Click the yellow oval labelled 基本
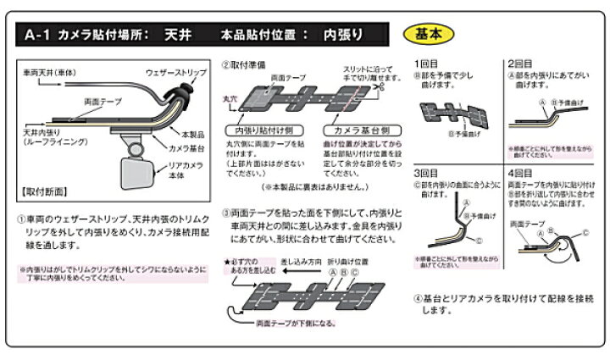click(x=434, y=36)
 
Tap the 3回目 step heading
click(x=426, y=170)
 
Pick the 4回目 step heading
click(x=520, y=170)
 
